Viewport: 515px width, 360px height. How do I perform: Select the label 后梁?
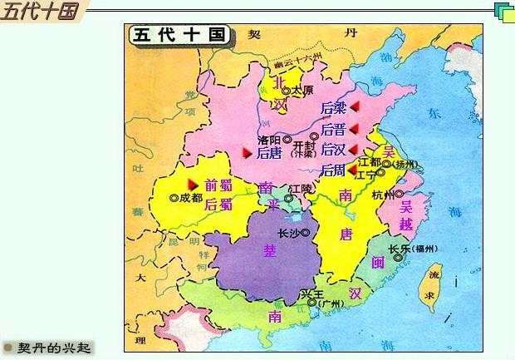(x=333, y=108)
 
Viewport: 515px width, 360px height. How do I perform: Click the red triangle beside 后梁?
(x=354, y=107)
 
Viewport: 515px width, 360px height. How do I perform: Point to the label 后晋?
(x=333, y=129)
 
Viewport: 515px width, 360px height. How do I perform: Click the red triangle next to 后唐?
(x=247, y=152)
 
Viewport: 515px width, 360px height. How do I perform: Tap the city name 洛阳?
(x=269, y=141)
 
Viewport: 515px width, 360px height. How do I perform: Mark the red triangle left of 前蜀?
(x=192, y=183)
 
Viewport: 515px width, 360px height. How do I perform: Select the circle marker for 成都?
(x=174, y=199)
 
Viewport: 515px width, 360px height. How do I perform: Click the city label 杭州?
(x=383, y=195)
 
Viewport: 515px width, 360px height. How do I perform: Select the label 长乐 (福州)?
(x=413, y=249)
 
